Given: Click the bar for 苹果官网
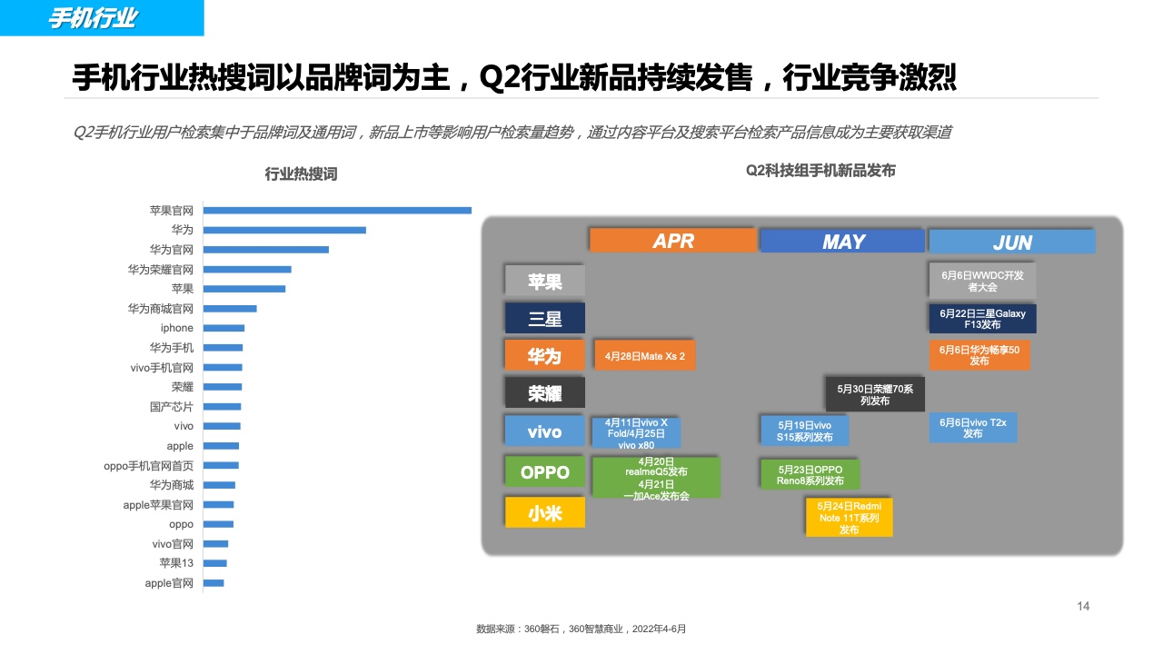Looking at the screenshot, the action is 337,210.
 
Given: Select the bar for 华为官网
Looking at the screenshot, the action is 266,250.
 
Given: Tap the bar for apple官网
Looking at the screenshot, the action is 214,583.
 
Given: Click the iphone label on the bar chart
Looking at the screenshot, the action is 176,328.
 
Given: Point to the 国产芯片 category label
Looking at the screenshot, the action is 172,406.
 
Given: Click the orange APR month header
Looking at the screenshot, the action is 673,241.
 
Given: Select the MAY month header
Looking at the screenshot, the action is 842,242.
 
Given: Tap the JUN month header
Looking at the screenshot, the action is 1012,243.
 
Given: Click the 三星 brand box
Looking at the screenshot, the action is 544,318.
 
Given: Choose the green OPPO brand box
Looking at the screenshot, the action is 544,471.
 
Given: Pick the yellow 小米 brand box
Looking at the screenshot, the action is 544,513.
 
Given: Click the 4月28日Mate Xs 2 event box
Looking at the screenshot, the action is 644,356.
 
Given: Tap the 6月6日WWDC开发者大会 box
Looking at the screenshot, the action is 982,281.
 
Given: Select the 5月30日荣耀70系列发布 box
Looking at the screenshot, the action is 875,394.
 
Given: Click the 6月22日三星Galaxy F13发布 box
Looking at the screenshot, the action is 982,319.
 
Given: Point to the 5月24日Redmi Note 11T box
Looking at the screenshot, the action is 849,518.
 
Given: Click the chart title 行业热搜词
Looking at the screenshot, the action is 301,173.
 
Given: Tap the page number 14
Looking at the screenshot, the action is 1083,606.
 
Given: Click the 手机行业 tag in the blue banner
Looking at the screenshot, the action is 93,18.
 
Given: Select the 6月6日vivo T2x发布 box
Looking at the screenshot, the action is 972,428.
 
